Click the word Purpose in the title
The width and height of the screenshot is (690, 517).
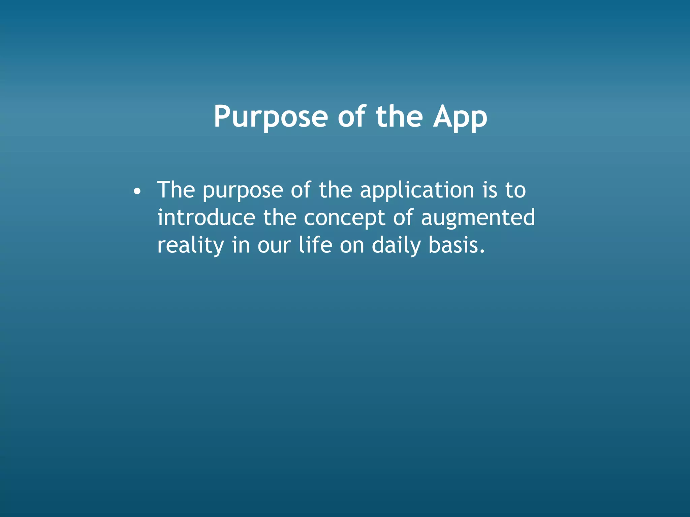271,117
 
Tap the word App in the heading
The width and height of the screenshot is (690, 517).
460,117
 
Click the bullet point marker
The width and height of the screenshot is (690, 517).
136,192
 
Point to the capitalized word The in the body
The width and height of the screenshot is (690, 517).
176,190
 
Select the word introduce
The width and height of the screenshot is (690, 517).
206,217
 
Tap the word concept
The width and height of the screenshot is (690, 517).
344,218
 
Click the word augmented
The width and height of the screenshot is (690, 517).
478,218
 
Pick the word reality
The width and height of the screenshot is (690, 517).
190,246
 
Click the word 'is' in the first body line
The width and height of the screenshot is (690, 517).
490,191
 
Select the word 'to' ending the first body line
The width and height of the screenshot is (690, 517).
515,191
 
